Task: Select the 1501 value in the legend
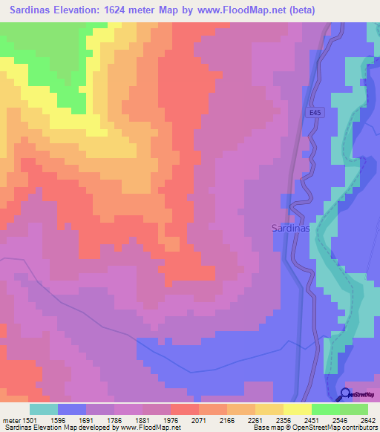(x=22, y=419)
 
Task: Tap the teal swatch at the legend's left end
(x=44, y=409)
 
